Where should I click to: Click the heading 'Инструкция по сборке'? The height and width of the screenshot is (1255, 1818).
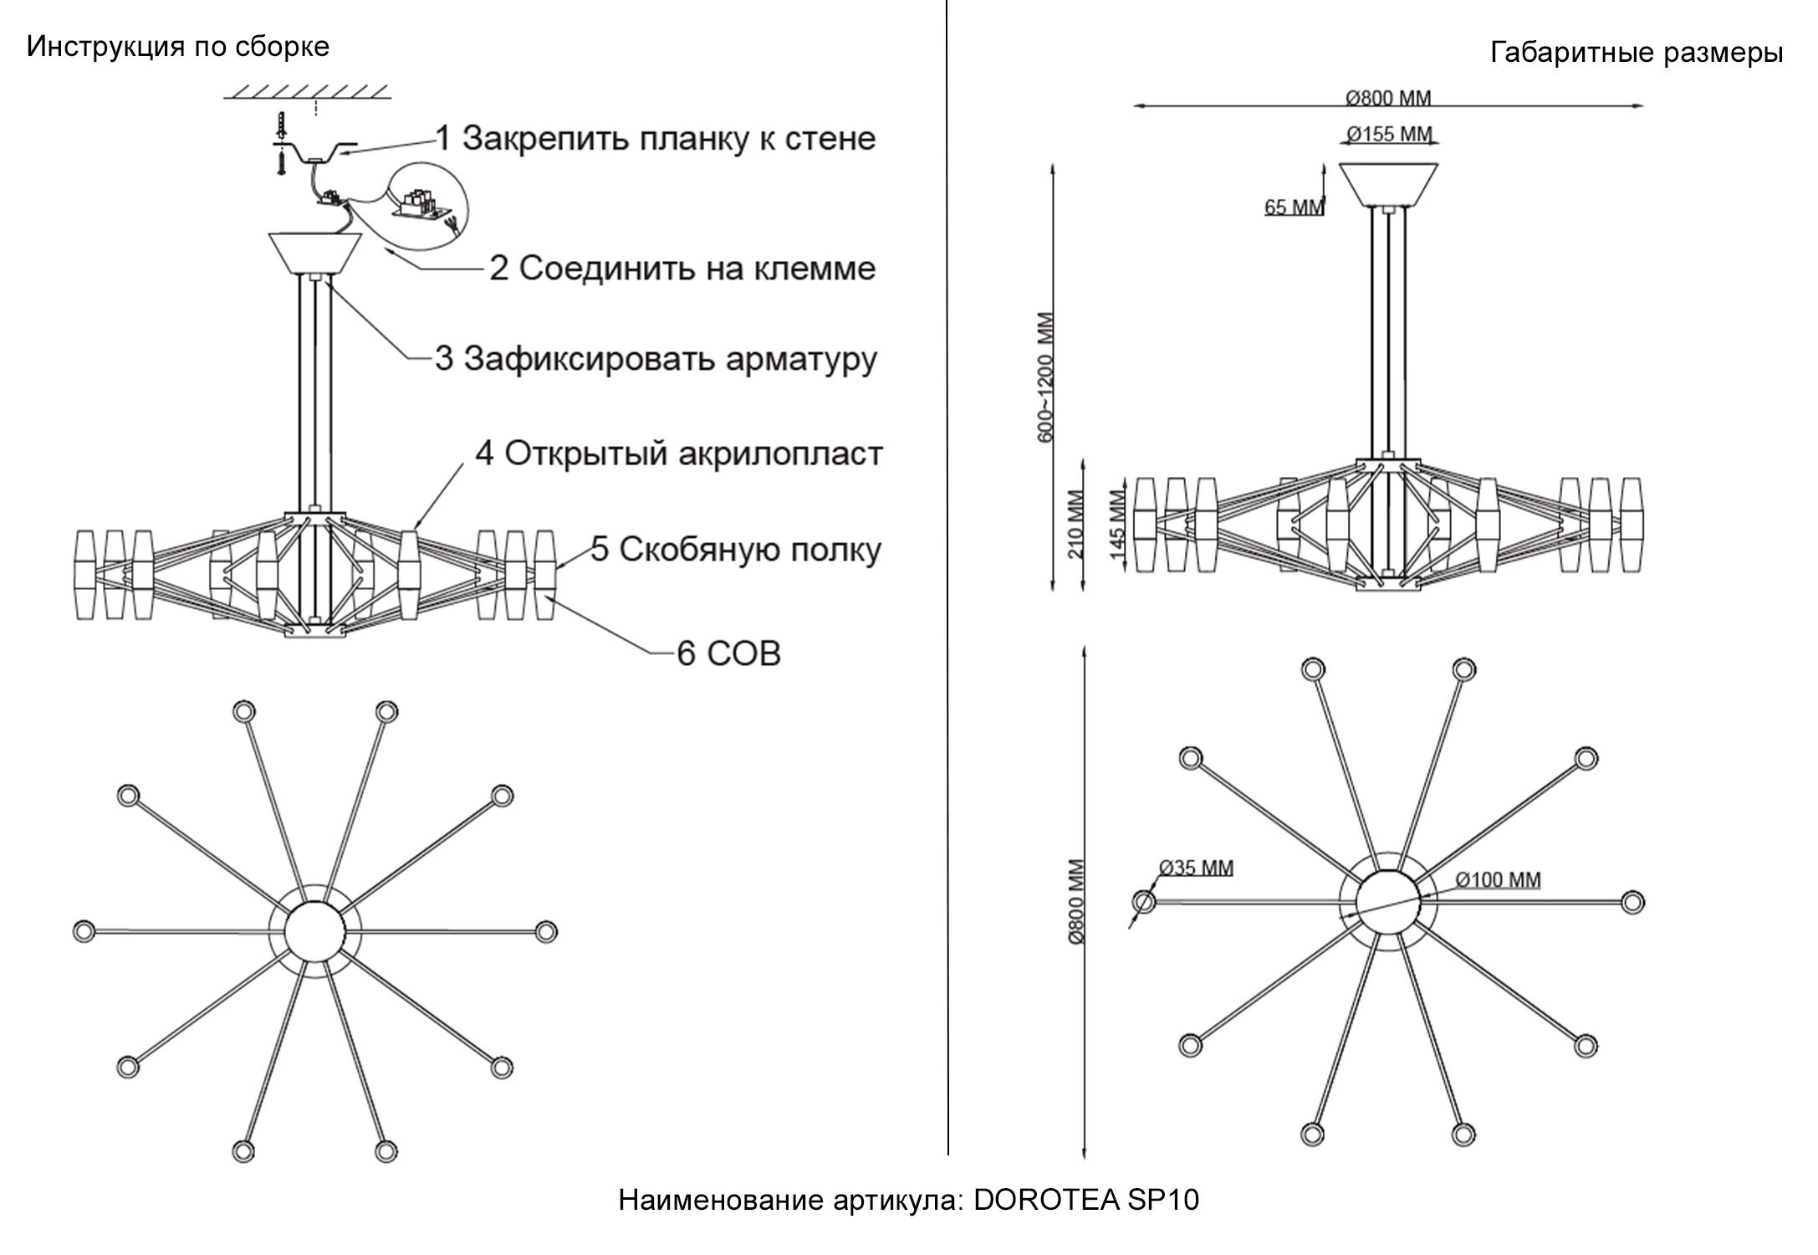pos(177,46)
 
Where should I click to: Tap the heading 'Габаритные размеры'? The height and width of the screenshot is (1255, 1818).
pos(1636,53)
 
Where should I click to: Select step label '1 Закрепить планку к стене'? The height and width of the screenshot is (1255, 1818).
pos(656,139)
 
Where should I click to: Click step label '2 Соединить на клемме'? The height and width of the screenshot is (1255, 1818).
pos(682,269)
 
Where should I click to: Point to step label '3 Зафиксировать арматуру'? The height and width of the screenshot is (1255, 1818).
pos(656,358)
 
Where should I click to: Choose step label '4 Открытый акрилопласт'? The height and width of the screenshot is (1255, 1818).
pos(678,453)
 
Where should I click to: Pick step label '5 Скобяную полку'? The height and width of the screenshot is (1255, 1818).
pos(736,550)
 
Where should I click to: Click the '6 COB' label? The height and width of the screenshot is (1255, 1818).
pos(728,653)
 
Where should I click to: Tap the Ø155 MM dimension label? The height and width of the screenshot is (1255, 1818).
pos(1389,134)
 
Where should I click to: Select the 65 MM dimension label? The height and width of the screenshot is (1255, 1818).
pos(1293,207)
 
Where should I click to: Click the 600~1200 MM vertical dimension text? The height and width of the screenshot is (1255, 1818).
pos(1045,376)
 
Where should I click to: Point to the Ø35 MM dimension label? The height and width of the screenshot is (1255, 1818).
pos(1196,868)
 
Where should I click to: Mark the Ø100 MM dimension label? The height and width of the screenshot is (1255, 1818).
pos(1497,879)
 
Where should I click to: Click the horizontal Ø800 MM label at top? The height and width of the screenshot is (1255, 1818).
pos(1388,98)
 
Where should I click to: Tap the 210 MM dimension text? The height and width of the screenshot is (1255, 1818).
pos(1075,524)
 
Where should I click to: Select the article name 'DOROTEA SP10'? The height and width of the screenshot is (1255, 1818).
pos(1086,1200)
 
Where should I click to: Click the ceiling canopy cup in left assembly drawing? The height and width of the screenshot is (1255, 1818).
pos(315,254)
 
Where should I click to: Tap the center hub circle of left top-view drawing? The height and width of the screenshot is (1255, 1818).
pos(314,930)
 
